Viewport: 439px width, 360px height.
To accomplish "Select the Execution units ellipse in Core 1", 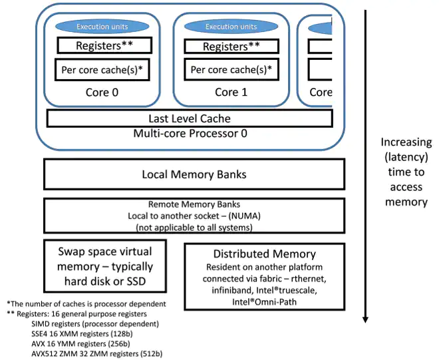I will (x=231, y=27).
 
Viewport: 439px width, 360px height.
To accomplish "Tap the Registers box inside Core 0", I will (x=104, y=46).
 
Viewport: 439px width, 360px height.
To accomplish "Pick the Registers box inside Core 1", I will (x=231, y=47).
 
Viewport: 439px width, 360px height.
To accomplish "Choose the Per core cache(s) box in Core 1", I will (x=231, y=70).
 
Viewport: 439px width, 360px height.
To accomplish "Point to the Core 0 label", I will (x=102, y=92).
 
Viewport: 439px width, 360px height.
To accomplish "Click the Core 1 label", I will (x=231, y=92).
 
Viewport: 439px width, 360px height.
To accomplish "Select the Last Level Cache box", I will (x=190, y=118).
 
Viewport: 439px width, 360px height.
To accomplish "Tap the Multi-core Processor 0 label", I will (x=190, y=133).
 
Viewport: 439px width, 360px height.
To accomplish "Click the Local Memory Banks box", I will (x=194, y=174).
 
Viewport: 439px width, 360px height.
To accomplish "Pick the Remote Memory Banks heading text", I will (x=194, y=205).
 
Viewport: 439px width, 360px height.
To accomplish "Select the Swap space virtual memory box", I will (x=104, y=267).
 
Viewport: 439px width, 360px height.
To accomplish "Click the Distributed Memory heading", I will (x=263, y=254).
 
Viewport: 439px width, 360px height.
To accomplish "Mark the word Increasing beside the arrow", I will (x=406, y=142).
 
